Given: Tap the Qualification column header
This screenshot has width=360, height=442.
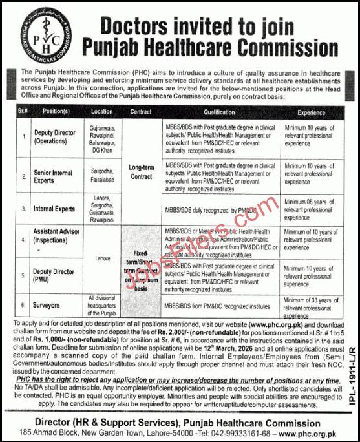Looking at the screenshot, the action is coord(219,111).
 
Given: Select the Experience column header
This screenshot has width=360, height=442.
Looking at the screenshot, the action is coord(311,111).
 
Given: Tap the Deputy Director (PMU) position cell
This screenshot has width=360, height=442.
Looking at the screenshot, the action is coord(54,275).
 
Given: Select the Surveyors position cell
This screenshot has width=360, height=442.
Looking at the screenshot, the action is coord(48,304).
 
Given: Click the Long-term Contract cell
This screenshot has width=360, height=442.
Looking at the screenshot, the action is coord(141,171).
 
